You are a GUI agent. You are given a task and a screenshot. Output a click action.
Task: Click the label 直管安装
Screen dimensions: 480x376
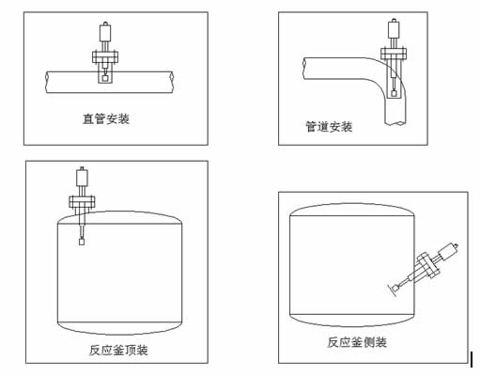(106, 118)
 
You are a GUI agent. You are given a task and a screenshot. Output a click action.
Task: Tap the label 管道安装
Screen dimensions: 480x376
(329, 127)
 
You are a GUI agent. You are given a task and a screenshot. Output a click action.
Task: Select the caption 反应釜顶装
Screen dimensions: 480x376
(118, 350)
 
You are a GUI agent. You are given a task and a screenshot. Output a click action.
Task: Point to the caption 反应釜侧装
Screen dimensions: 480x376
(357, 342)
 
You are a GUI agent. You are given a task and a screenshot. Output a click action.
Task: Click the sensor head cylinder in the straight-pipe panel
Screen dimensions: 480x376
(105, 33)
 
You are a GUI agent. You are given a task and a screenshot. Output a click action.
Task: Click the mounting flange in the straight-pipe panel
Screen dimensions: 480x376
(105, 57)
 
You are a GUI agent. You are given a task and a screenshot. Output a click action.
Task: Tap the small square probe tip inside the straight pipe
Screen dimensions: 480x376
(105, 77)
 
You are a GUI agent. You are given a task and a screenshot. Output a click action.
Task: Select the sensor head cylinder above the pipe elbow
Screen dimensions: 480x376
(394, 29)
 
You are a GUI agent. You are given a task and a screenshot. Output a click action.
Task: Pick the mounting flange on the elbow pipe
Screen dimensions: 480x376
(394, 54)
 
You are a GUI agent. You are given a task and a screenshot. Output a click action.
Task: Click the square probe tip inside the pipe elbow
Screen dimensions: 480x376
(394, 93)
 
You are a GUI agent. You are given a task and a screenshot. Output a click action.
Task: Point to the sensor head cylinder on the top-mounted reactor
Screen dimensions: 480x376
(82, 177)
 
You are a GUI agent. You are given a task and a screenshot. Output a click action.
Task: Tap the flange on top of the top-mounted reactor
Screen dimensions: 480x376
(82, 201)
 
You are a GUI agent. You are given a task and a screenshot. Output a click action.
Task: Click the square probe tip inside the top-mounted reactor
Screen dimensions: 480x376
(82, 242)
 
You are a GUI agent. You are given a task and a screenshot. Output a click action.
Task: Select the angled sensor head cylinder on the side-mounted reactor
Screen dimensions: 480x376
(447, 252)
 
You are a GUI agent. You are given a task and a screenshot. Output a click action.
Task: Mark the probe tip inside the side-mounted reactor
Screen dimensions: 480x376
(396, 288)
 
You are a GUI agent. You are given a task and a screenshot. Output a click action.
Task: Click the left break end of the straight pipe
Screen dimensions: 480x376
(47, 82)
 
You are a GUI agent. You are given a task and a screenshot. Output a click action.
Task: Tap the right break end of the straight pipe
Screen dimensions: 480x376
(172, 82)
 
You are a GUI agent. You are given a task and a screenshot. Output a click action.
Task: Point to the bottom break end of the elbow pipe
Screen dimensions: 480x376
(395, 124)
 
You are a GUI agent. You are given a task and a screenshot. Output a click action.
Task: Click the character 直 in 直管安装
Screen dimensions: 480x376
(88, 118)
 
